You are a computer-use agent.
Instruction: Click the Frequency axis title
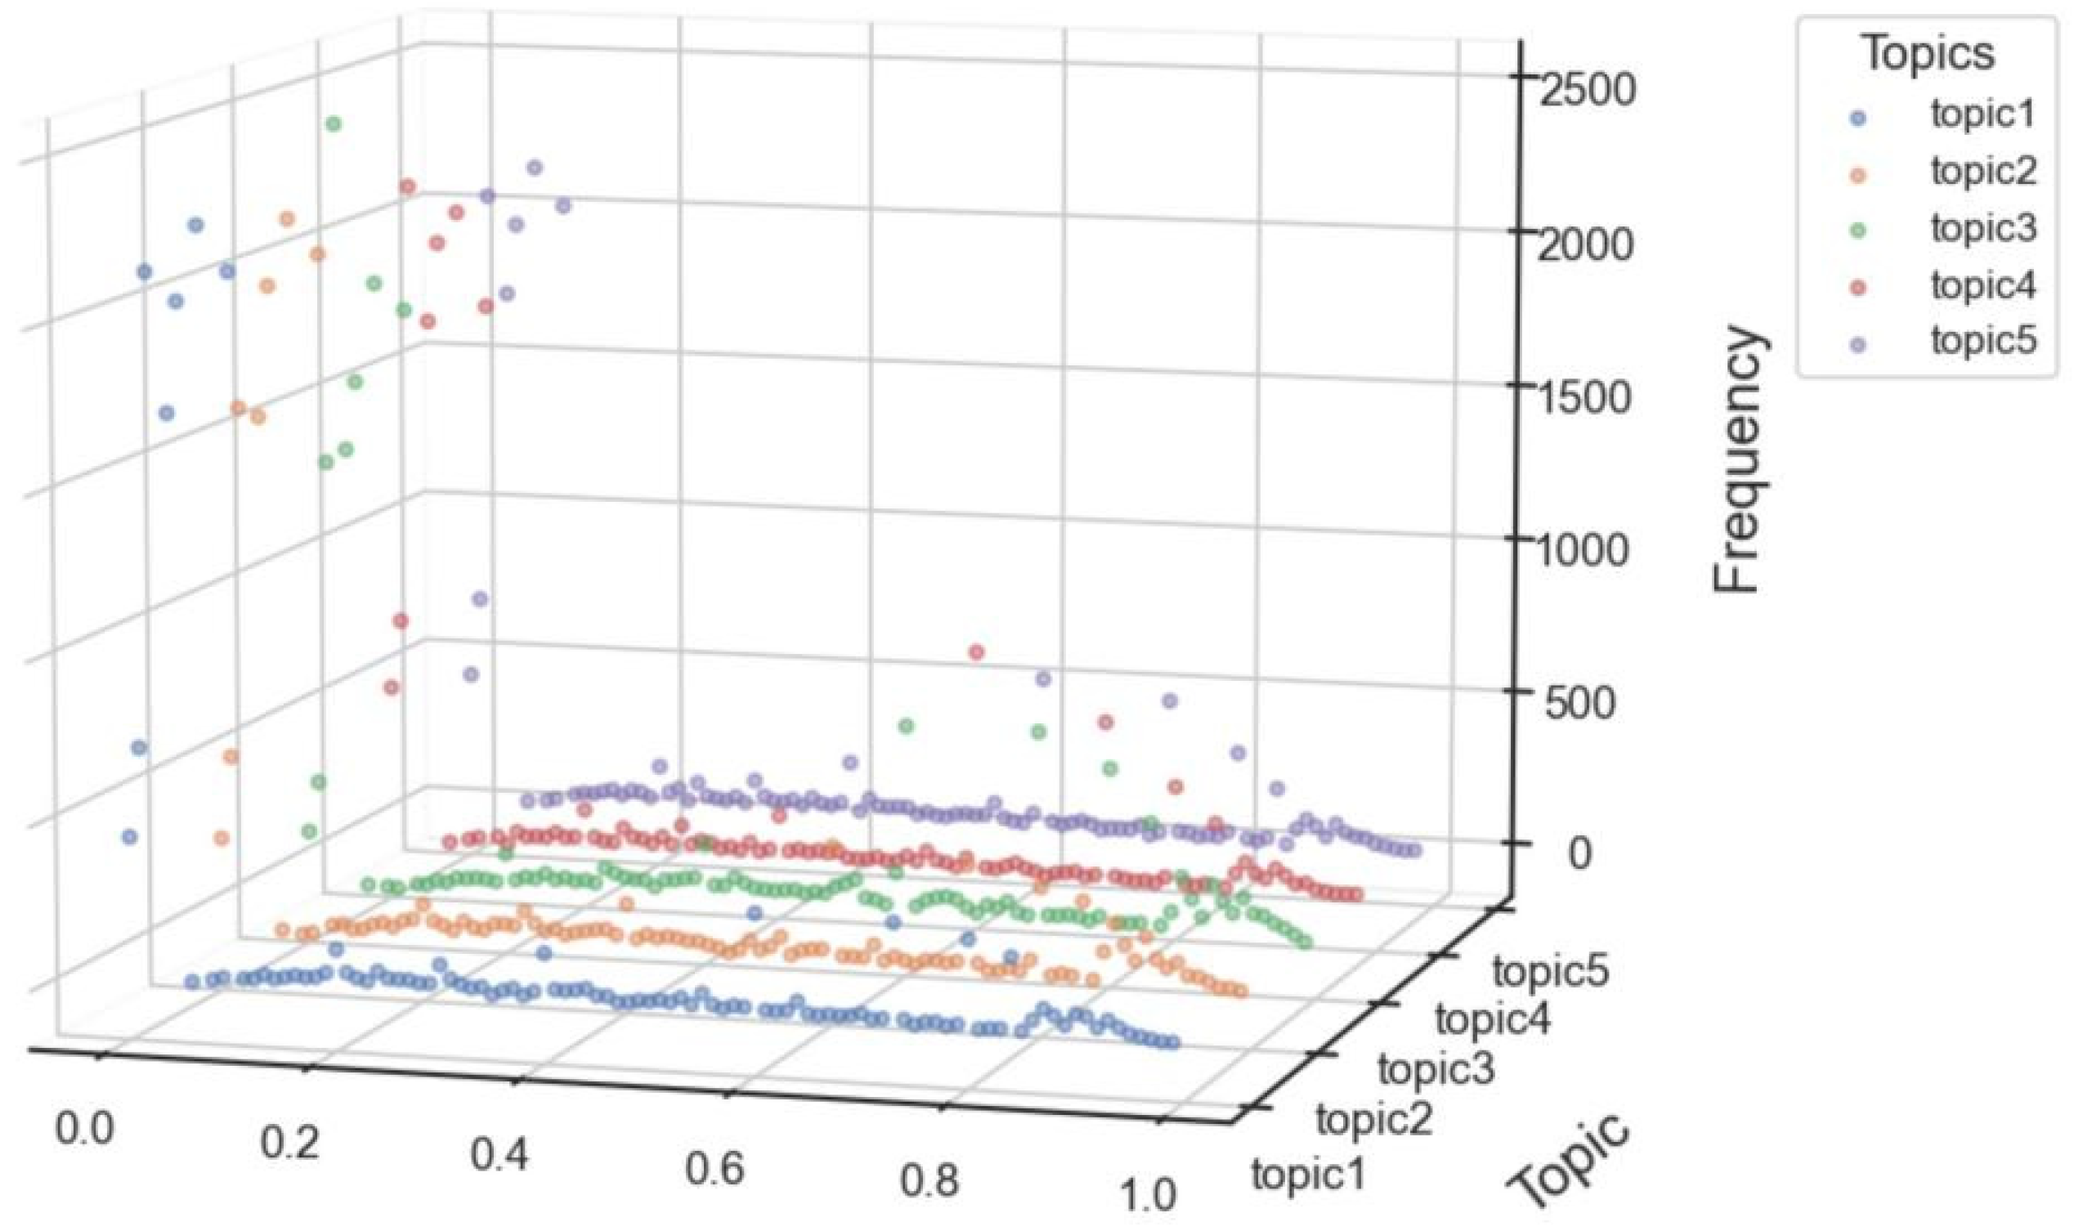tap(1736, 461)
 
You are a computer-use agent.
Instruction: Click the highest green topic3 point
tap(334, 123)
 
